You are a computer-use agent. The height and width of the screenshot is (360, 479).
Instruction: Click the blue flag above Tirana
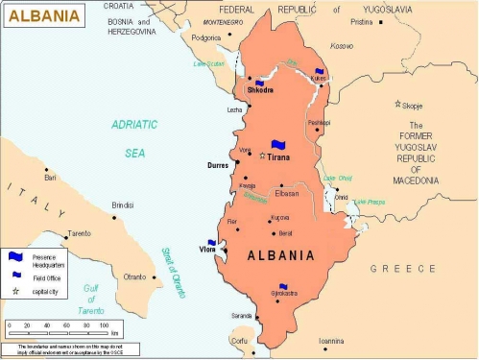(x=279, y=145)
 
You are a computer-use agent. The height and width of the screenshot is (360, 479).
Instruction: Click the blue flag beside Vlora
(x=212, y=244)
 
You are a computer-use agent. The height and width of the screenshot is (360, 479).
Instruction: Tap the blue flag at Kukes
(x=320, y=70)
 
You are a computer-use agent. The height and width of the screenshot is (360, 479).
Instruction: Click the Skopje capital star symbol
(x=397, y=103)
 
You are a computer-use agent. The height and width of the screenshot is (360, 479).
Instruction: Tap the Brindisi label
(x=122, y=204)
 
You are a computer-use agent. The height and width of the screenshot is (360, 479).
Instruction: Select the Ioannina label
(x=331, y=340)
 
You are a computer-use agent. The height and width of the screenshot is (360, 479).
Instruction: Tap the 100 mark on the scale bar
(x=103, y=325)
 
